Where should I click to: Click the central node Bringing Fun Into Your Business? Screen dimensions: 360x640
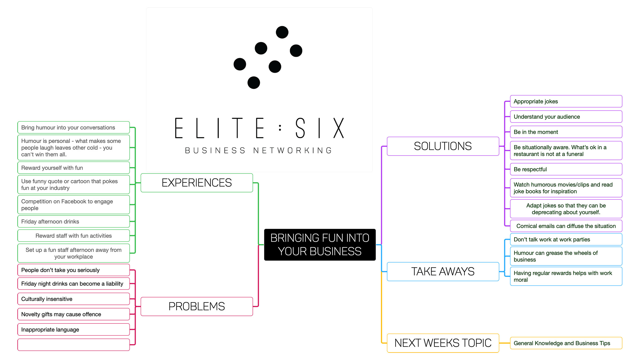pos(319,245)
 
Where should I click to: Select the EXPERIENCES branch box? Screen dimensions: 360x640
pos(197,183)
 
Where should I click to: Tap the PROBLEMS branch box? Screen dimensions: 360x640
pos(197,306)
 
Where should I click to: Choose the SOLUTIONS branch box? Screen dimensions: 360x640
pos(443,146)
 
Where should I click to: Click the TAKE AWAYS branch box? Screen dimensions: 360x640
pos(443,271)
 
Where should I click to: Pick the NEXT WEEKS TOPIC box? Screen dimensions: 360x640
pos(443,343)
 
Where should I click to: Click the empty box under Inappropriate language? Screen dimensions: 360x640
pos(74,345)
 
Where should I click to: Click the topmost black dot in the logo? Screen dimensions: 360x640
pos(282,32)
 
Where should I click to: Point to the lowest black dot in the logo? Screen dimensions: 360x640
pos(254,83)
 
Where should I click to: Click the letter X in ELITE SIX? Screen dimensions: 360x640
pos(339,128)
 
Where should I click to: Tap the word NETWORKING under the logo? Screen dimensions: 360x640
pos(293,151)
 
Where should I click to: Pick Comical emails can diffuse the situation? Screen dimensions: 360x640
pos(566,226)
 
